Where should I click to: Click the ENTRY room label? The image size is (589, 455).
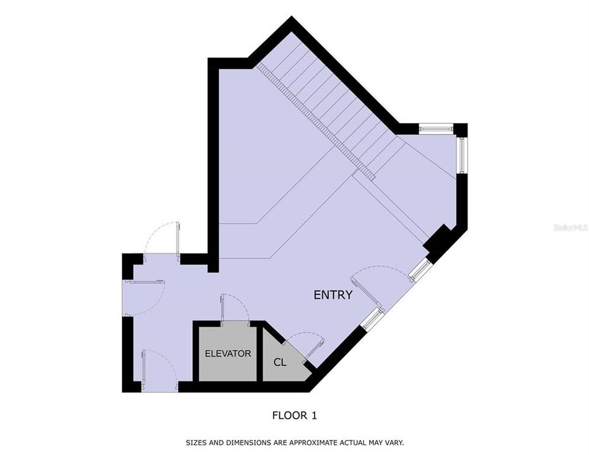pyautogui.click(x=333, y=294)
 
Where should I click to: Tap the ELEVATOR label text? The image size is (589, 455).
pyautogui.click(x=228, y=353)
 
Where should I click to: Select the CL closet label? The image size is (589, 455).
pyautogui.click(x=280, y=363)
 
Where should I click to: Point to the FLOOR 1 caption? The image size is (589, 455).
pyautogui.click(x=294, y=415)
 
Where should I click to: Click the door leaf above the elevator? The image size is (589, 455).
pyautogui.click(x=222, y=308)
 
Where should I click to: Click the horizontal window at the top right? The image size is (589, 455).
pyautogui.click(x=436, y=130)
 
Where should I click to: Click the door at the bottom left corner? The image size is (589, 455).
pyautogui.click(x=145, y=370)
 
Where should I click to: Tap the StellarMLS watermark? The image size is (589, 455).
pyautogui.click(x=571, y=226)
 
